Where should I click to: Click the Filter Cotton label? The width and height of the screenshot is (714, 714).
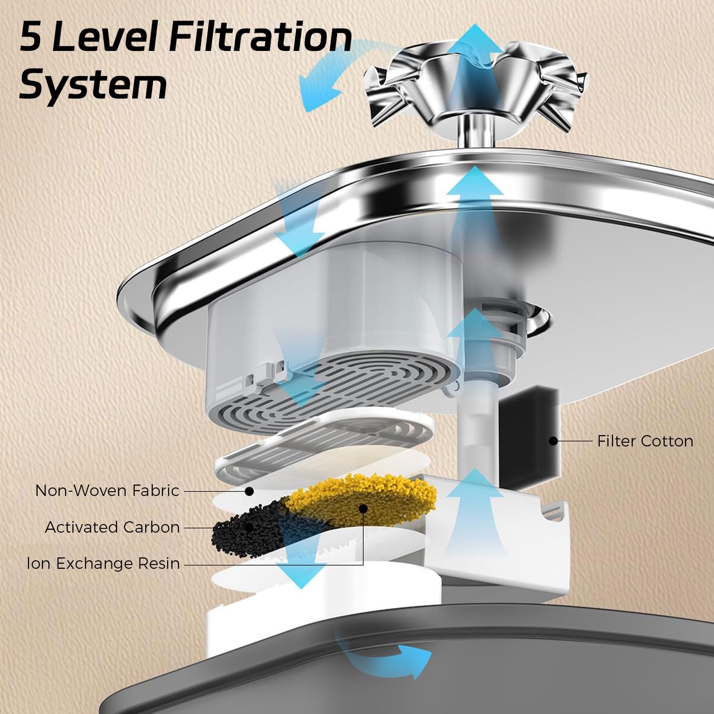[x=645, y=441]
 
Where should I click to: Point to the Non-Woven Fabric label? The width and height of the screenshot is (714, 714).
[x=107, y=491]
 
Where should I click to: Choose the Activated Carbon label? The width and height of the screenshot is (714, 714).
[x=112, y=527]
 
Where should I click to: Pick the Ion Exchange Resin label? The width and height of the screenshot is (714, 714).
[x=103, y=564]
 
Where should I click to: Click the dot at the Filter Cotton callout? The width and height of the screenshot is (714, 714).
[x=553, y=441]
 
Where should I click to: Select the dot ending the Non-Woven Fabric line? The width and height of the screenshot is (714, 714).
[x=248, y=491]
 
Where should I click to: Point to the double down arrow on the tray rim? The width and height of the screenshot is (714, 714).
[x=295, y=219]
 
